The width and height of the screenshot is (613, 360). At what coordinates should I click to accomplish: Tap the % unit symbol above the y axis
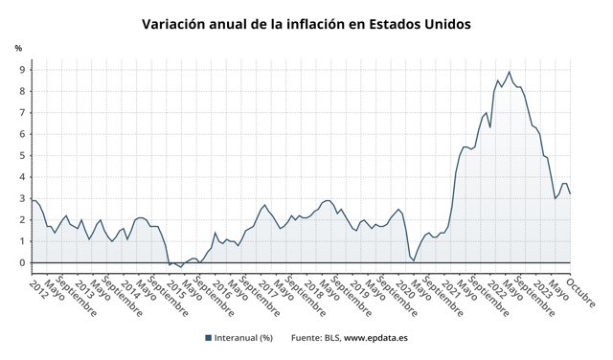[x=18, y=48]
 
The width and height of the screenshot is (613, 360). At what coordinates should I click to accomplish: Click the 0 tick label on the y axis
[x=22, y=263]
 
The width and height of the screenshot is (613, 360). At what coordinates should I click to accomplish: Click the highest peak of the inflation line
[x=509, y=72]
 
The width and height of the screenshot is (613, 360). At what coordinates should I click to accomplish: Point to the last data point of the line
[x=570, y=193]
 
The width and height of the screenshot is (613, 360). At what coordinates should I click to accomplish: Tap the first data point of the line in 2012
[x=32, y=200]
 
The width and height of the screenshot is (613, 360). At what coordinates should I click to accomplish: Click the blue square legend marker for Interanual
[x=208, y=337]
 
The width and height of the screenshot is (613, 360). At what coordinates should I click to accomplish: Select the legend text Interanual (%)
[x=244, y=337]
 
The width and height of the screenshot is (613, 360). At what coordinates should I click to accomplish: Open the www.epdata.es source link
[x=375, y=337]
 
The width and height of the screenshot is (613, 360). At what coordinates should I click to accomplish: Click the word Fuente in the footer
[x=307, y=337]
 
